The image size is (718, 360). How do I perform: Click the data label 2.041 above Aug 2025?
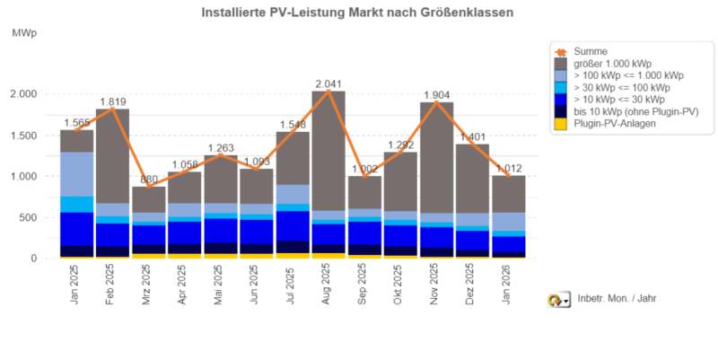[330, 83]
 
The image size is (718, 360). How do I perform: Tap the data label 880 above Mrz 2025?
[148, 179]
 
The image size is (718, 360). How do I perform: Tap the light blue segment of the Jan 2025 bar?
[76, 174]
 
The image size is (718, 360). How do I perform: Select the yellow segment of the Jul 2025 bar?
[293, 256]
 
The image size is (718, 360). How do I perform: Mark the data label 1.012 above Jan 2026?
[510, 167]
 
